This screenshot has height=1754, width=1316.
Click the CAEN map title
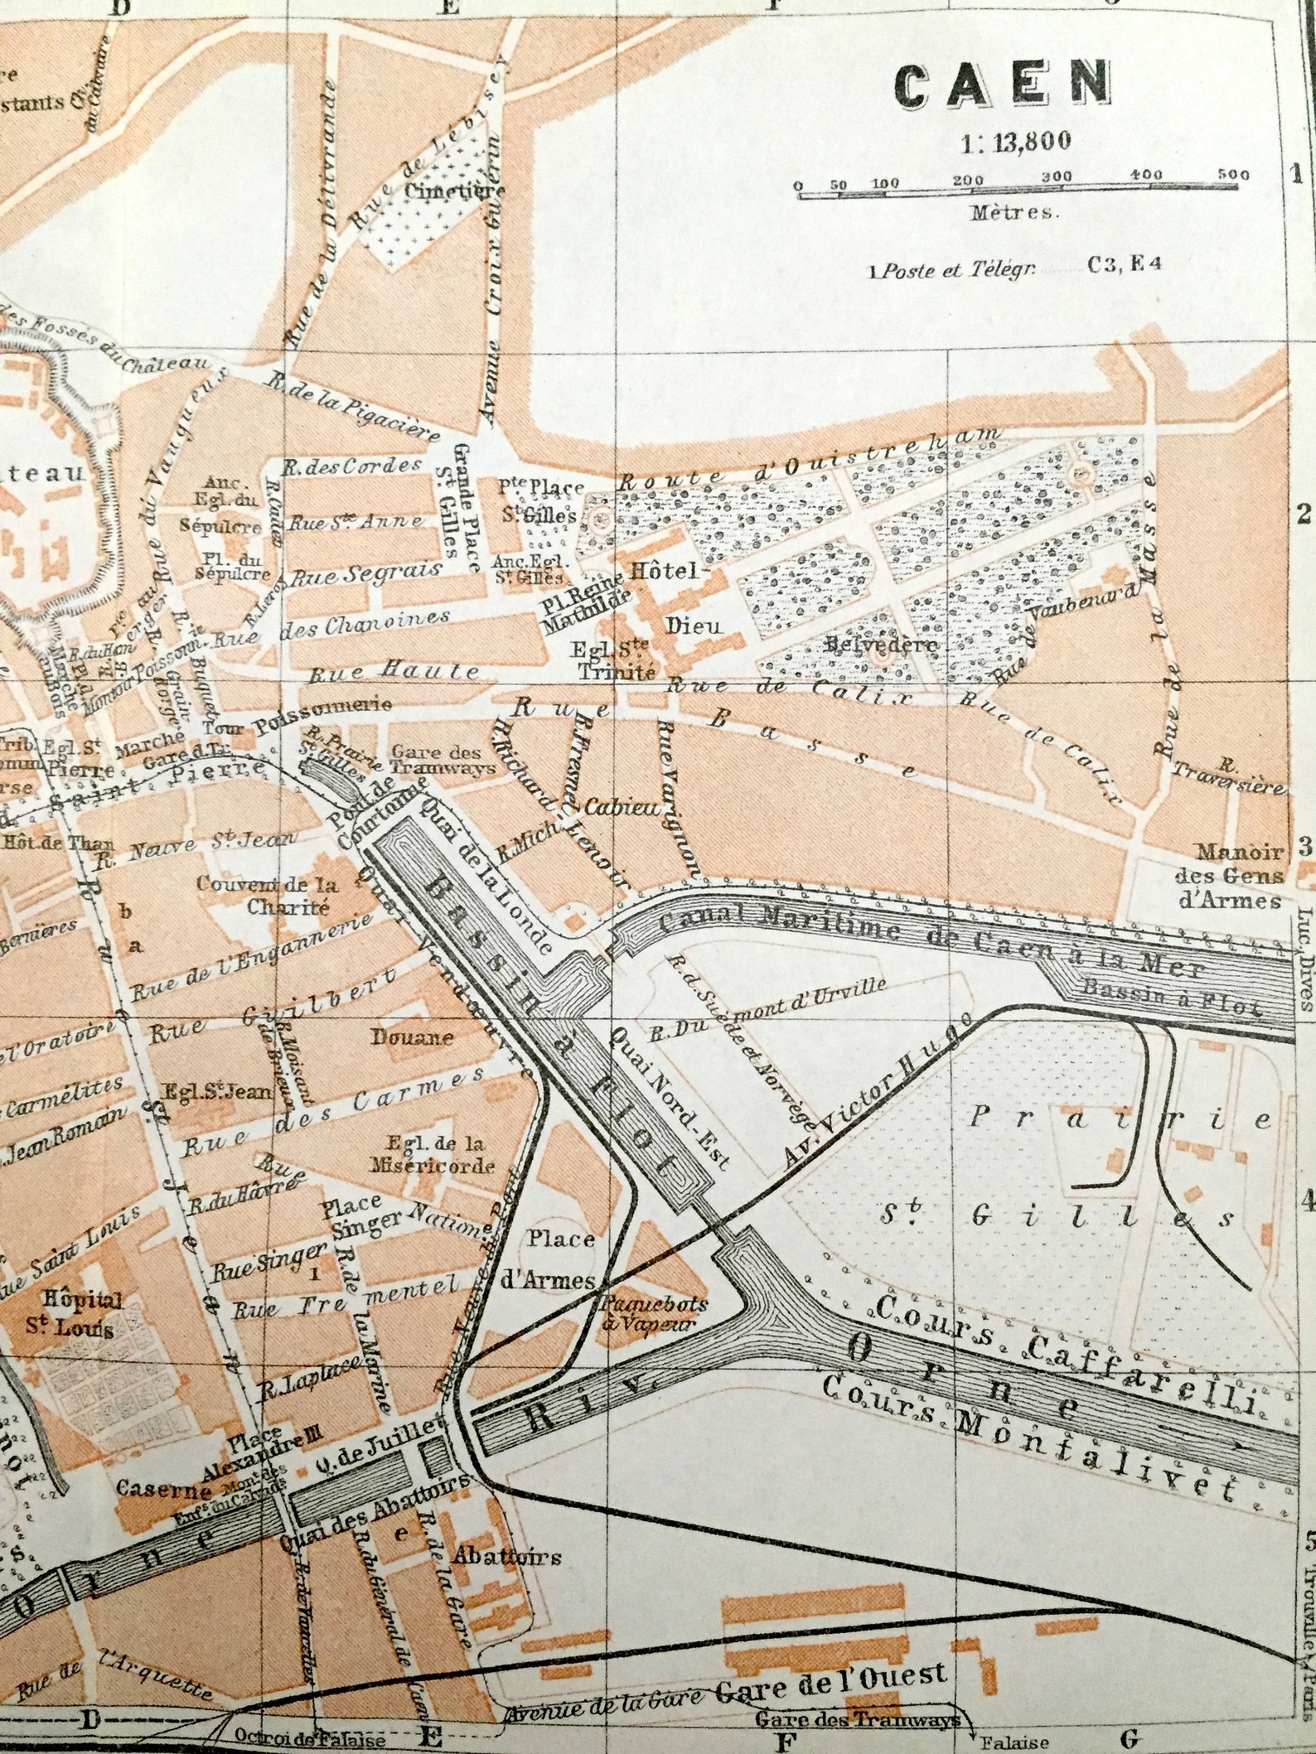(1003, 85)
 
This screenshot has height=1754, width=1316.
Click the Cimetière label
(454, 190)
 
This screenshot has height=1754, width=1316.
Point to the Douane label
(412, 1036)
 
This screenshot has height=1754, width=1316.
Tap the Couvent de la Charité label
(267, 895)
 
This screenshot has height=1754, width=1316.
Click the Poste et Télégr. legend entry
(953, 271)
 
